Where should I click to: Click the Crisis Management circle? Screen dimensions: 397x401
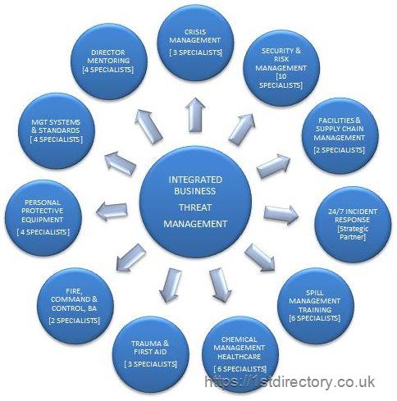tap(196, 43)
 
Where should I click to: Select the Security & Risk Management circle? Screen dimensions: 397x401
tap(281, 68)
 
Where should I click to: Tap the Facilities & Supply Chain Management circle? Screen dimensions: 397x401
tap(340, 136)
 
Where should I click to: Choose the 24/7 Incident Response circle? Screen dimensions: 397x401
tap(353, 225)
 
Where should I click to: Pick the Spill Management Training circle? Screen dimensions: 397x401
tap(316, 306)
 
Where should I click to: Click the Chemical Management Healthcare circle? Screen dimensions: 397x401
tap(240, 354)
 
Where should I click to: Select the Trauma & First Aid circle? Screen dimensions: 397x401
tap(151, 354)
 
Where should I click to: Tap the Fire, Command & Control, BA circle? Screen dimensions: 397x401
tap(75, 306)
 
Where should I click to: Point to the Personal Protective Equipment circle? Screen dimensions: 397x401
tap(43, 218)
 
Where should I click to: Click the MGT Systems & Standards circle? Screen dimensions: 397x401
tap(57, 131)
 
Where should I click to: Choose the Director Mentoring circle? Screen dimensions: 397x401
tap(109, 62)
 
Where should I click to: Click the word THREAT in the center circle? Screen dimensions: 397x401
tap(195, 207)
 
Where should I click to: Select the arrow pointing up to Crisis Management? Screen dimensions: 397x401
tap(195, 115)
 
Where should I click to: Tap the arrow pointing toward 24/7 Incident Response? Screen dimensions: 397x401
tap(281, 214)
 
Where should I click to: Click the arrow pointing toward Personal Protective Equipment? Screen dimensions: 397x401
tap(112, 211)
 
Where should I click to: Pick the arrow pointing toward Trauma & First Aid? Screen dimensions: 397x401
tap(170, 285)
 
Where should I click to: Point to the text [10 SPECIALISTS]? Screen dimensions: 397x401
tap(281, 80)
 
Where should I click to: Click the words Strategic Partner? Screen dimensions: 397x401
tap(353, 233)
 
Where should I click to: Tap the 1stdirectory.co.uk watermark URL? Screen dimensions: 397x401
tap(290, 381)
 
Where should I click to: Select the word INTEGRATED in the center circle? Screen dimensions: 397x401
tap(195, 180)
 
